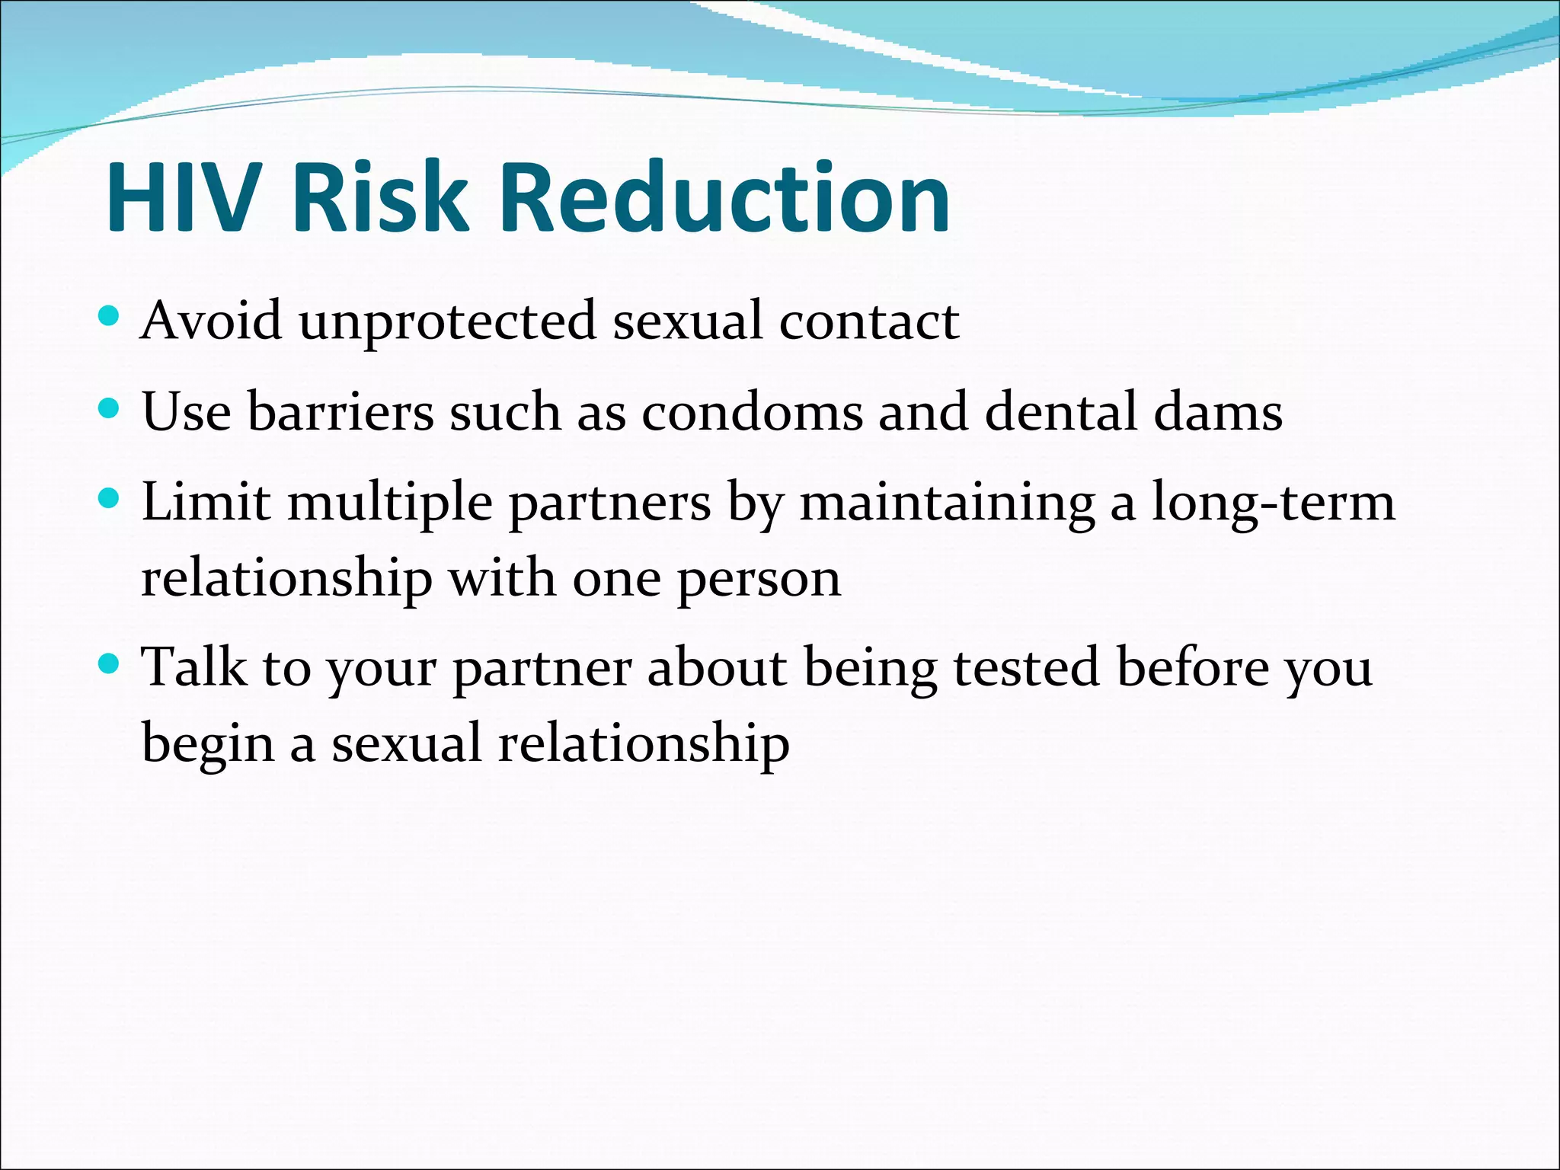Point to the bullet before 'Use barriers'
point(110,408)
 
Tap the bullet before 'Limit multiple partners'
point(110,499)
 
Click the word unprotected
point(447,322)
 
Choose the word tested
point(1026,668)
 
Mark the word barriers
point(340,412)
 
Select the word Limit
point(206,503)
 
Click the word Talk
point(195,668)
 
